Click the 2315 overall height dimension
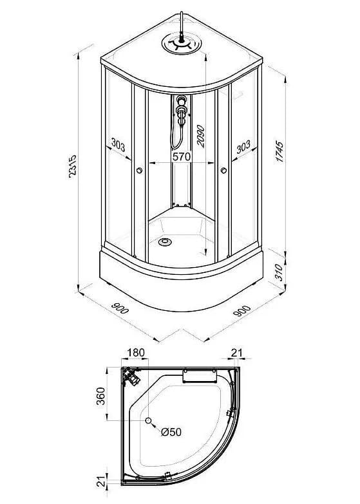tap(73, 167)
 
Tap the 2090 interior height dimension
tap(200, 136)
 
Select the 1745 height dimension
tap(280, 151)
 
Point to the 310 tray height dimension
tap(279, 272)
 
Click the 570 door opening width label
tap(182, 156)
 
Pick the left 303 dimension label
tap(118, 144)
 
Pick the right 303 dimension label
tap(243, 147)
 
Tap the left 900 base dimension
tap(120, 308)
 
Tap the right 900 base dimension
tap(242, 310)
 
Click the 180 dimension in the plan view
tap(136, 353)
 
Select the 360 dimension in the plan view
tap(101, 396)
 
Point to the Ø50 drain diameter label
tap(171, 432)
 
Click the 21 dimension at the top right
tap(237, 353)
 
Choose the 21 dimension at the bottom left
tap(101, 481)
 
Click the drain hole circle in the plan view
tap(148, 420)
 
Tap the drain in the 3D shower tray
tap(165, 242)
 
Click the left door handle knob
tap(139, 171)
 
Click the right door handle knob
tap(223, 171)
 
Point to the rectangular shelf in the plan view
tap(199, 376)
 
